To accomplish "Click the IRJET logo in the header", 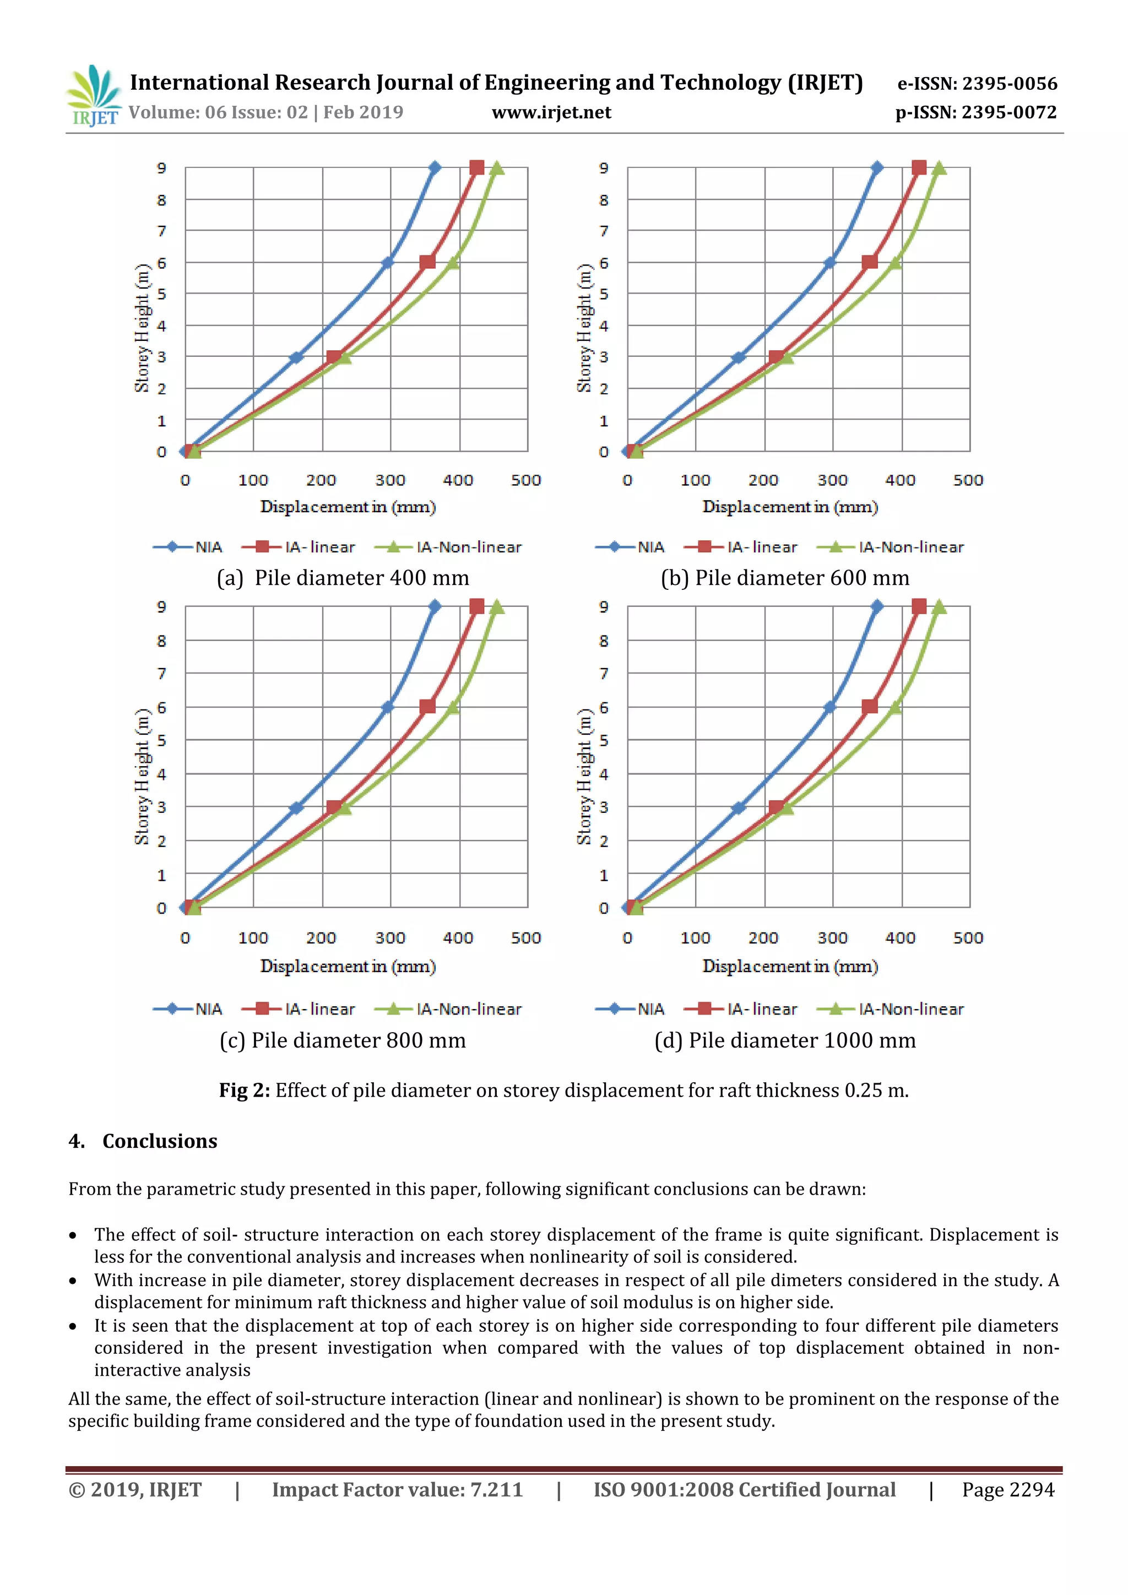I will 93,96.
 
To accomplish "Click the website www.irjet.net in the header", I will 551,112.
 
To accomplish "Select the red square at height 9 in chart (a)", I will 476,167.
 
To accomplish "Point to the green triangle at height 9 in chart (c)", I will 497,607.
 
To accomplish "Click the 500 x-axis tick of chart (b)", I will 968,480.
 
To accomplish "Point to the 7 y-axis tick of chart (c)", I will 162,673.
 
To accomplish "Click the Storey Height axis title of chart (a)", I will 142,328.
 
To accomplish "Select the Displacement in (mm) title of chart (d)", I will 790,967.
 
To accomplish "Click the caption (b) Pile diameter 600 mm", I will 784,578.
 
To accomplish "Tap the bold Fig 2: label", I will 245,1090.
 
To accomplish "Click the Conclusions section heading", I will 159,1141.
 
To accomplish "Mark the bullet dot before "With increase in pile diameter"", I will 73,1281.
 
